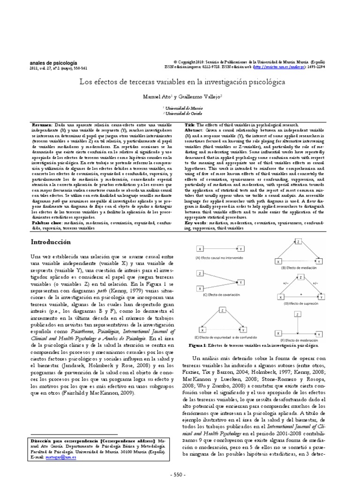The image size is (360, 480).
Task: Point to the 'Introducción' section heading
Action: pos(50,242)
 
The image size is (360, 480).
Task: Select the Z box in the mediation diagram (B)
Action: pos(298,241)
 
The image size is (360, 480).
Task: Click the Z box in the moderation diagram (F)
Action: pos(298,314)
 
